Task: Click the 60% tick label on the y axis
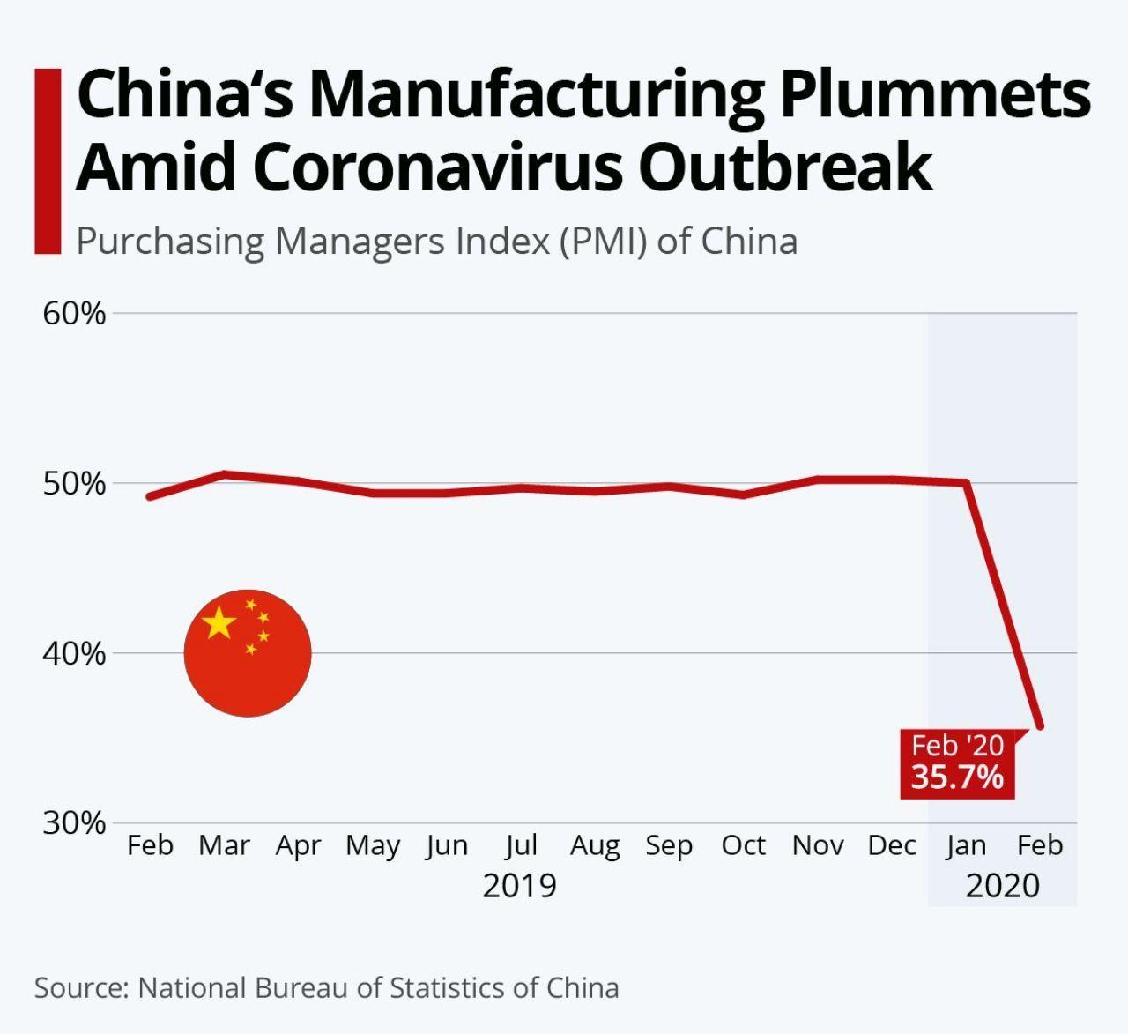tap(74, 314)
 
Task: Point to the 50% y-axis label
tap(74, 484)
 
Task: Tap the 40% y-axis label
tap(74, 654)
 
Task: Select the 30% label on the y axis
tap(74, 823)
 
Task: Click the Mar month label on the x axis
tap(224, 845)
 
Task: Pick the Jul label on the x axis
tap(521, 846)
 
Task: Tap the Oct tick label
tap(743, 845)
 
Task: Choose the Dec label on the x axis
tap(892, 845)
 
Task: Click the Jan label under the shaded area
tap(966, 846)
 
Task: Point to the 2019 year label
tap(520, 885)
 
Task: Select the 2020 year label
tap(1003, 885)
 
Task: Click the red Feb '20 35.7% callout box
tap(957, 763)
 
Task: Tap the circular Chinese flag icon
tap(248, 653)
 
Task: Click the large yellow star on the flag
tap(219, 623)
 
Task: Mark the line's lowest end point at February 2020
tap(1040, 726)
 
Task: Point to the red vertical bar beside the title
tap(48, 161)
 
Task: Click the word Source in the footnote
tap(81, 987)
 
